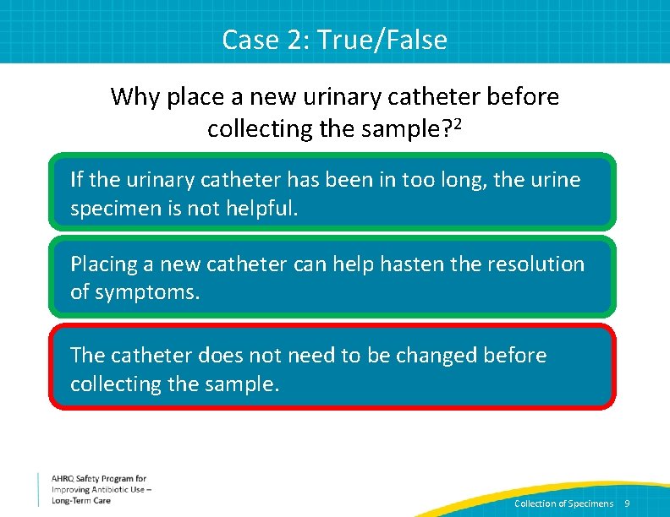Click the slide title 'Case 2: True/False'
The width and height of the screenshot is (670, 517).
click(x=334, y=40)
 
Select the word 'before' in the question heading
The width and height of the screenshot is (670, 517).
click(x=523, y=97)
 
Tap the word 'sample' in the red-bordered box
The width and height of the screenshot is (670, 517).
click(x=241, y=384)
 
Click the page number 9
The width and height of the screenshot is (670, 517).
click(x=627, y=503)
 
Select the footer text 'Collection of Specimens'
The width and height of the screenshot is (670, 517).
click(x=563, y=503)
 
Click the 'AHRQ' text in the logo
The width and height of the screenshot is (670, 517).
click(x=65, y=479)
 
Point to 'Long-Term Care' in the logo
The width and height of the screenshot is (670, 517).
click(x=81, y=500)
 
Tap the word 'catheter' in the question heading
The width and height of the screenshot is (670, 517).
click(x=440, y=97)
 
